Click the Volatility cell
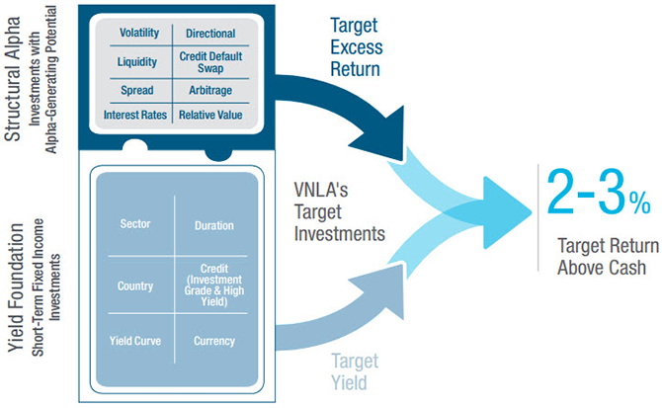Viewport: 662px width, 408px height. click(139, 33)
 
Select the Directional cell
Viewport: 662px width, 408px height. click(210, 34)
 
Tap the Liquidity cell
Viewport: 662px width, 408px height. click(137, 62)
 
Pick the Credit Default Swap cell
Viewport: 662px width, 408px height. click(210, 62)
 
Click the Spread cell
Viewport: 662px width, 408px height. click(137, 90)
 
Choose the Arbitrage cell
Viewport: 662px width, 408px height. click(210, 90)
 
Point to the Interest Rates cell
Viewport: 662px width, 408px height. click(135, 115)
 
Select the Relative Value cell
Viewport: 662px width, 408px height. click(210, 115)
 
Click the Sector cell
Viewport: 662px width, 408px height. click(135, 223)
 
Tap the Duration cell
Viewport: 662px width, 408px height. click(214, 225)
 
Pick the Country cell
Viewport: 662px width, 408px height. click(135, 286)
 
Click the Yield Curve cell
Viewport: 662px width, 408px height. click(135, 341)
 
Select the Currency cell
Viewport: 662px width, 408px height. click(214, 341)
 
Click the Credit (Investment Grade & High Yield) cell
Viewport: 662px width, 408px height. click(214, 286)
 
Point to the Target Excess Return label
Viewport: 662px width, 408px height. click(357, 47)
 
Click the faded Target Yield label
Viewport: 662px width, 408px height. click(355, 372)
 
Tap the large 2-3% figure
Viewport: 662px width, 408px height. click(598, 193)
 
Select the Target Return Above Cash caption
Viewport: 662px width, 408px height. click(608, 257)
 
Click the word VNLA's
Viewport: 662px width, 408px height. click(321, 190)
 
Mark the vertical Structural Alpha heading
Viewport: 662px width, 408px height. click(13, 79)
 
